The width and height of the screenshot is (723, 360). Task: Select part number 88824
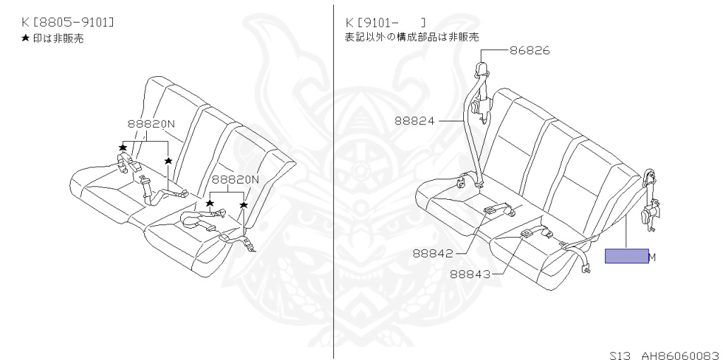point(414,121)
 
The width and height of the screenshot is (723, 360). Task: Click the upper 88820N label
point(151,124)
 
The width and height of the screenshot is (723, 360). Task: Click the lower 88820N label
point(235,179)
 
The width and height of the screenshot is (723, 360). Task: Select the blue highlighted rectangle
point(626,256)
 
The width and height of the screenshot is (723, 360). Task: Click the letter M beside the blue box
point(652,257)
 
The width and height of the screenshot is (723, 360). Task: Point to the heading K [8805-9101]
point(68,23)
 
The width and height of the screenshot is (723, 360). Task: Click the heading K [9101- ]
point(386,23)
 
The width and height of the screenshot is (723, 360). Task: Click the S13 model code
point(620,351)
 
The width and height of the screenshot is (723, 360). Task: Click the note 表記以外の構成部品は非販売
point(412,37)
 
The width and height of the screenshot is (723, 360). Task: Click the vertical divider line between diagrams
point(333,176)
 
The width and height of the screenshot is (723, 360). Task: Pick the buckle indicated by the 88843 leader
point(527,234)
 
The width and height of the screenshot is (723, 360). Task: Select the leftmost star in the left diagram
point(123,147)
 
